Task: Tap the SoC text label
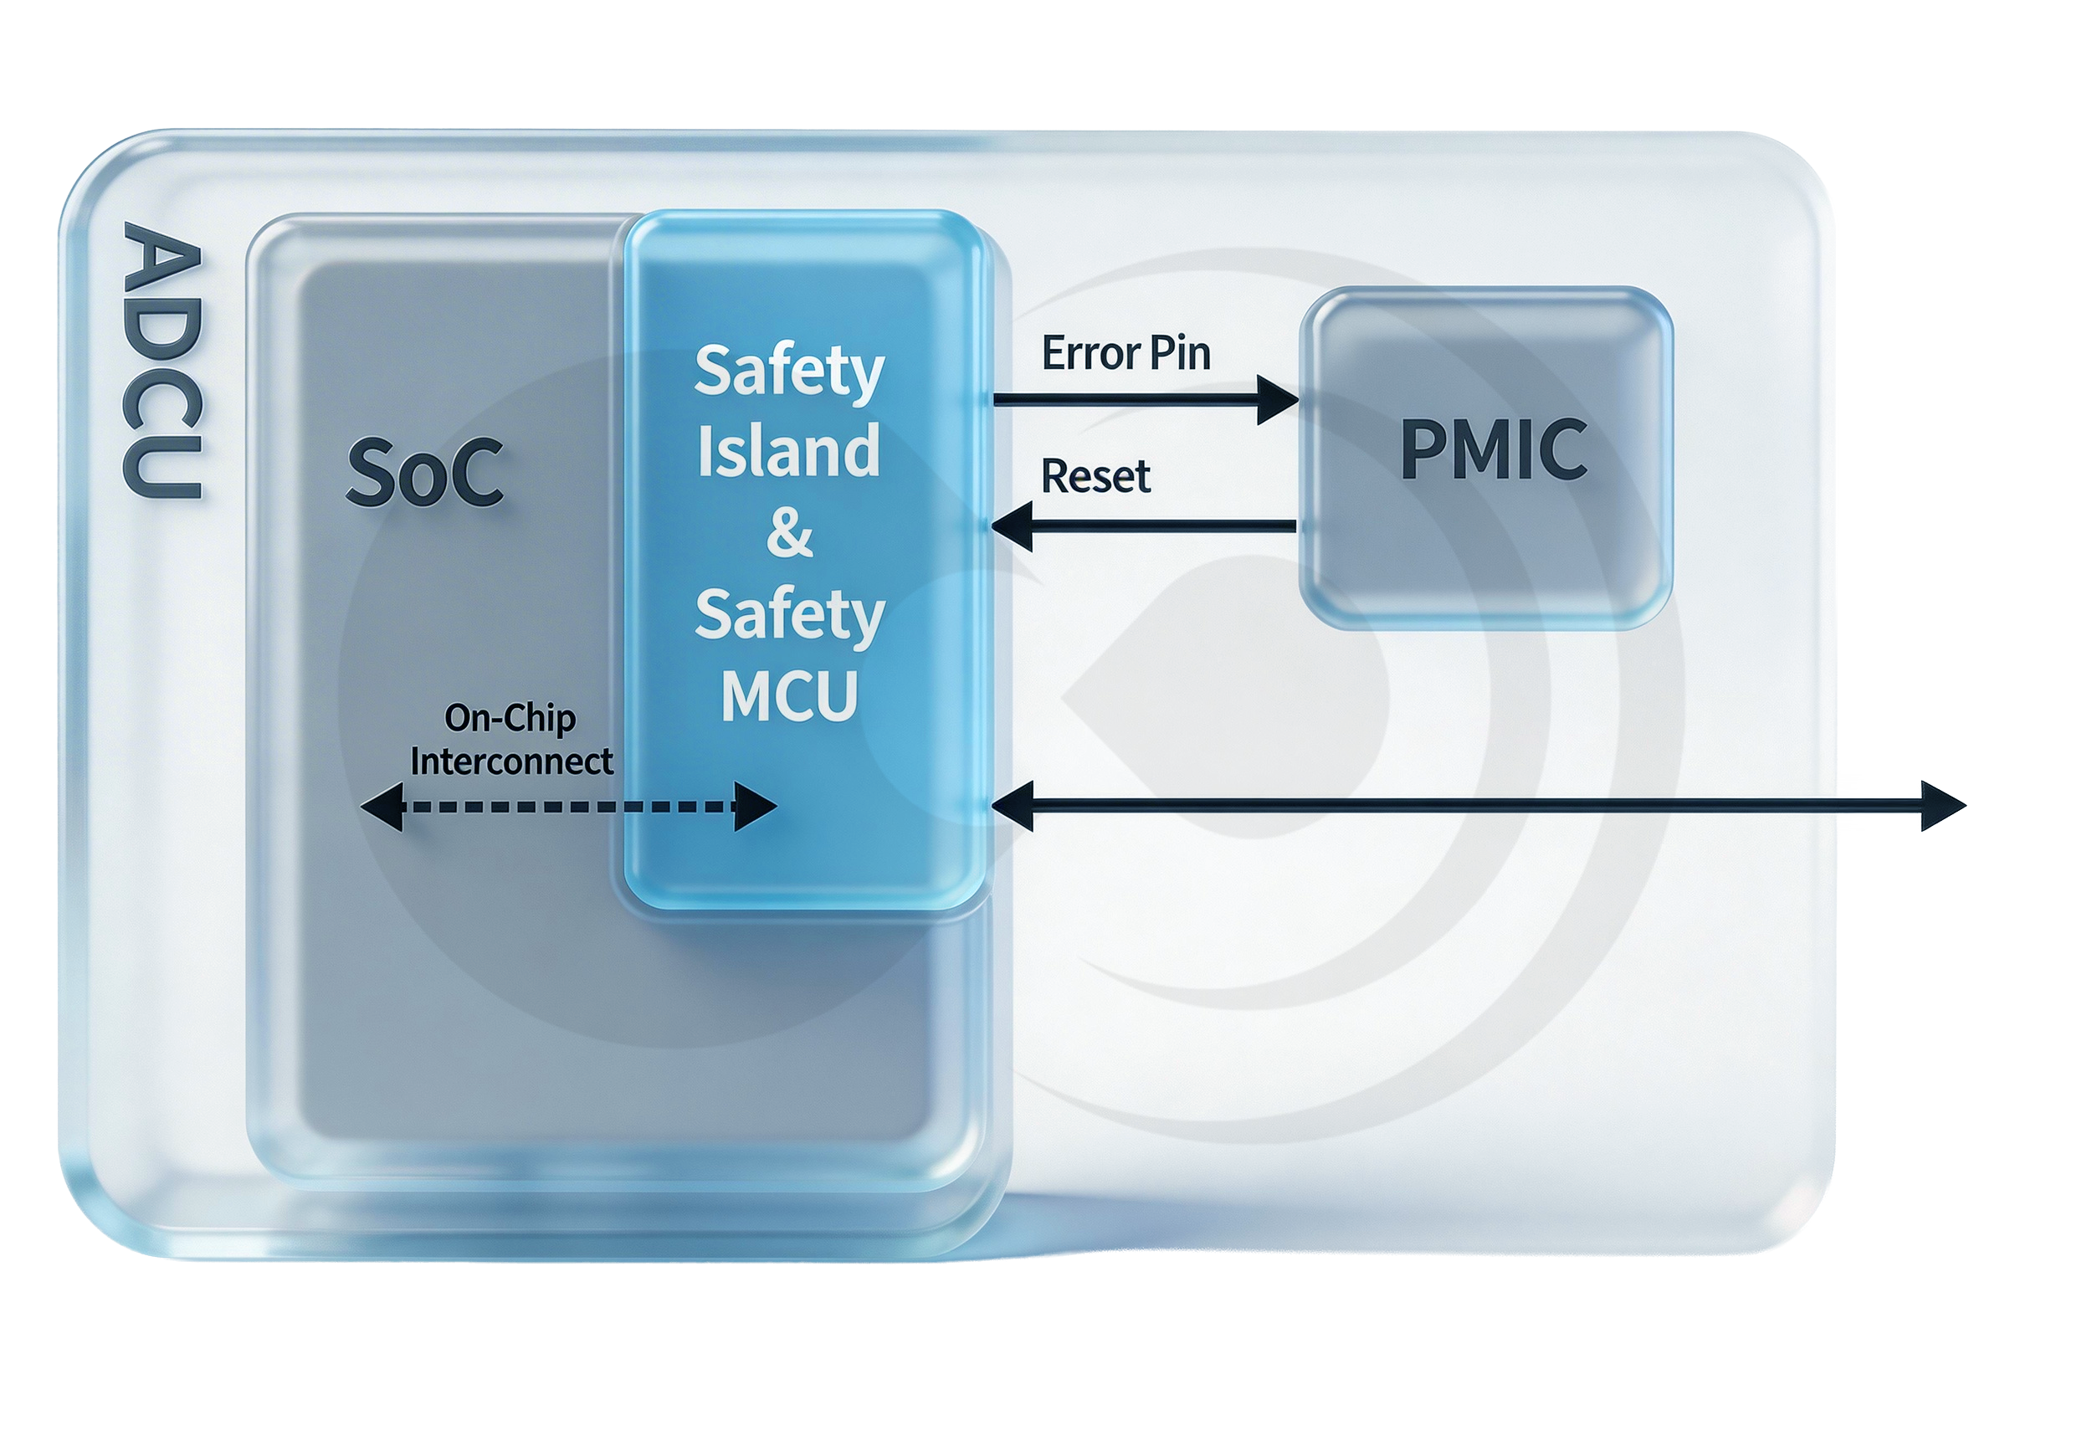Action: [x=424, y=472]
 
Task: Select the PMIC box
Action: [x=1486, y=458]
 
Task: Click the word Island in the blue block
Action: [x=788, y=450]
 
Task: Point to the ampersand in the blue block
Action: [x=789, y=532]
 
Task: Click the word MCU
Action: [x=789, y=696]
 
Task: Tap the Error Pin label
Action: [x=1125, y=353]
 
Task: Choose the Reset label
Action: [x=1095, y=477]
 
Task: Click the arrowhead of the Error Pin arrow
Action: [x=1279, y=399]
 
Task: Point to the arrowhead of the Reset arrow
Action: [x=1013, y=526]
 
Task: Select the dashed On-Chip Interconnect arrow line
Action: [x=569, y=807]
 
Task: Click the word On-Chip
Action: [x=510, y=719]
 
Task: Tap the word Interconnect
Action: [x=511, y=761]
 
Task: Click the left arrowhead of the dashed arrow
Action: [x=382, y=807]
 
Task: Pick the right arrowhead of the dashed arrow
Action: [x=755, y=807]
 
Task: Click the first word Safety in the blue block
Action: [x=788, y=371]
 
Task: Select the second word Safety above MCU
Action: [x=789, y=615]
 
